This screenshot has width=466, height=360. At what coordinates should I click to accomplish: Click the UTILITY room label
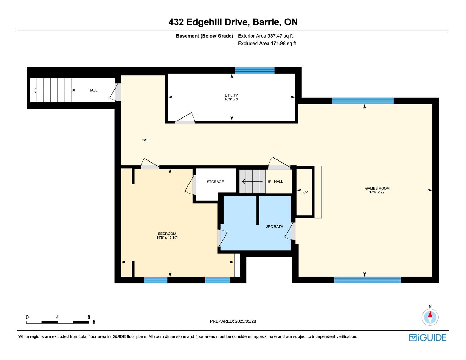coord(231,95)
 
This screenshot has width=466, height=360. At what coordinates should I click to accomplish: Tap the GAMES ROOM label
coord(377,188)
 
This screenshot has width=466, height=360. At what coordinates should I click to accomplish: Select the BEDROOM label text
coord(167,234)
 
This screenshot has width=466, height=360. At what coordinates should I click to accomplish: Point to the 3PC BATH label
coord(274,227)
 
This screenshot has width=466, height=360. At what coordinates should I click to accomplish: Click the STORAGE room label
coord(215,182)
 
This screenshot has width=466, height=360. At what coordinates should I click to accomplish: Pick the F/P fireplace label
coord(305,192)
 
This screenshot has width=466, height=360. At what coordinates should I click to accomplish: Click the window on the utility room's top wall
coord(255,71)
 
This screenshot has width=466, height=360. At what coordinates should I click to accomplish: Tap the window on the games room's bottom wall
coord(367,280)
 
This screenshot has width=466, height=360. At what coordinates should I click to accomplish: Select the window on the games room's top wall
coord(363,101)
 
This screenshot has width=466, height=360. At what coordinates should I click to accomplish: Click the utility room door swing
coord(185,118)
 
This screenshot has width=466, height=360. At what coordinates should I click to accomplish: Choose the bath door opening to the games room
coord(290,231)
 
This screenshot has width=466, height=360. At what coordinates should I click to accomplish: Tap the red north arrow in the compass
coord(430,314)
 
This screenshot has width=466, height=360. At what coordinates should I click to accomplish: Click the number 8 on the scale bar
coord(89,317)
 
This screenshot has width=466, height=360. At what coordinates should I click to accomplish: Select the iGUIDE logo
coord(428,337)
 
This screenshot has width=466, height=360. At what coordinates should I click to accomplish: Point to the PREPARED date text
coord(233,321)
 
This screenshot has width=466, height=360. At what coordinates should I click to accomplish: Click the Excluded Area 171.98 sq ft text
coord(267,43)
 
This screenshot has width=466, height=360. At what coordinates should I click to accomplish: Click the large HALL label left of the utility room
coord(146,140)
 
